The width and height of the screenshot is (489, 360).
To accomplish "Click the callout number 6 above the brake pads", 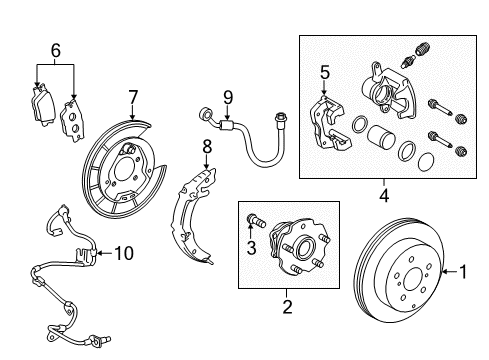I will [55, 49].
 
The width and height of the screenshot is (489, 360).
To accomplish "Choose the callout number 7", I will [131, 96].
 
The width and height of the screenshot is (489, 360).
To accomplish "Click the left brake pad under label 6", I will [39, 100].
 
